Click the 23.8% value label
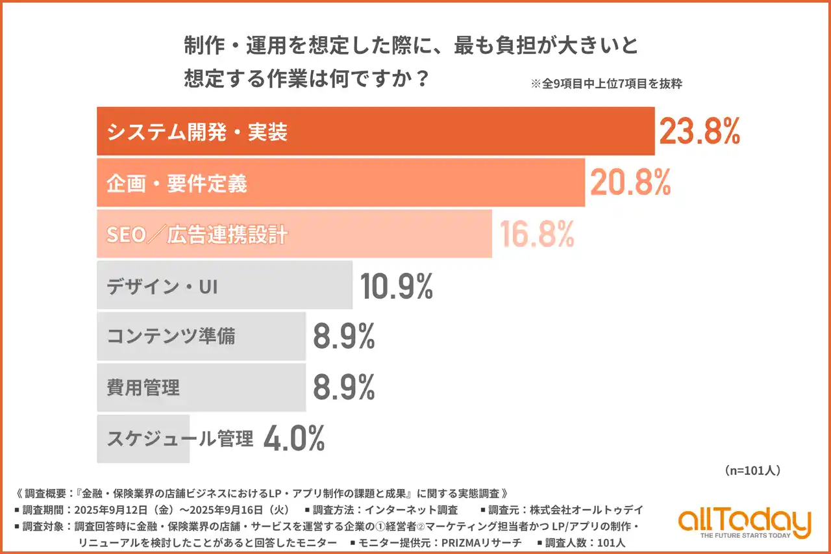[x=699, y=132]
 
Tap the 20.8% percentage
[x=630, y=183]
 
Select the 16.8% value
[x=537, y=234]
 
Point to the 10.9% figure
[x=396, y=286]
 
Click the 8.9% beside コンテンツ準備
[x=344, y=336]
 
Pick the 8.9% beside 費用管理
[x=344, y=388]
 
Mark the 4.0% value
[x=294, y=439]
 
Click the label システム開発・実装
[x=197, y=132]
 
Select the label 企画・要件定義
[x=177, y=184]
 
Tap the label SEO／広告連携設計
[x=197, y=235]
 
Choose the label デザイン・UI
[x=162, y=286]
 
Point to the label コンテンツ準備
[x=171, y=337]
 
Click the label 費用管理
[x=143, y=388]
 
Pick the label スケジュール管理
[x=180, y=440]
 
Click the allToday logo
[x=745, y=520]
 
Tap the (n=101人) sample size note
[x=751, y=471]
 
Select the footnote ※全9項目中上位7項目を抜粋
[x=606, y=84]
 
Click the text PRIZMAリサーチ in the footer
[x=477, y=542]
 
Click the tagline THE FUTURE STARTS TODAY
[x=745, y=536]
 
